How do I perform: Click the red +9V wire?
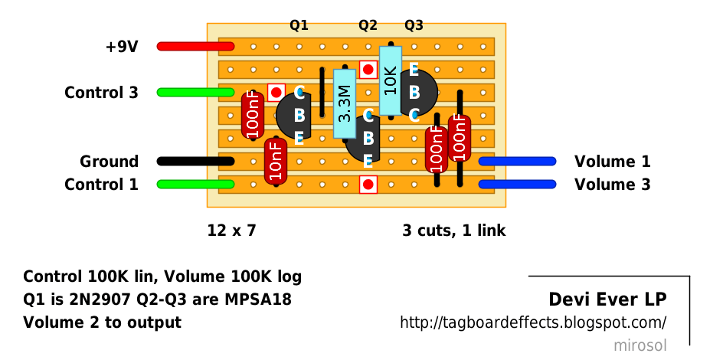196,46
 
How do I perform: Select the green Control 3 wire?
196,92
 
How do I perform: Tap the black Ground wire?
196,162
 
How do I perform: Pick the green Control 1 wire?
196,185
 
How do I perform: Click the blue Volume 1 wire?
517,162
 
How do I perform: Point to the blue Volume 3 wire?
517,185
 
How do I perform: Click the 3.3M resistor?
345,103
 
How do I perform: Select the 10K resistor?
391,80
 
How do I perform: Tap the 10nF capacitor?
276,162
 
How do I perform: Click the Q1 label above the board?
299,26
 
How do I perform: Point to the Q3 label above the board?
414,26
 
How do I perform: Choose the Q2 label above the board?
368,26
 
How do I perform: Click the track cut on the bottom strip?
368,185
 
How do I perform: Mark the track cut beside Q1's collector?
276,92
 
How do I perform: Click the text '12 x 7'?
231,230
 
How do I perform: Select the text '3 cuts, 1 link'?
454,230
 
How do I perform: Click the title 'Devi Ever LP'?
607,299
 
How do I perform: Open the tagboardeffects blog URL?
534,322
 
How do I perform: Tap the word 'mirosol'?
640,345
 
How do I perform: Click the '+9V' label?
122,47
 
